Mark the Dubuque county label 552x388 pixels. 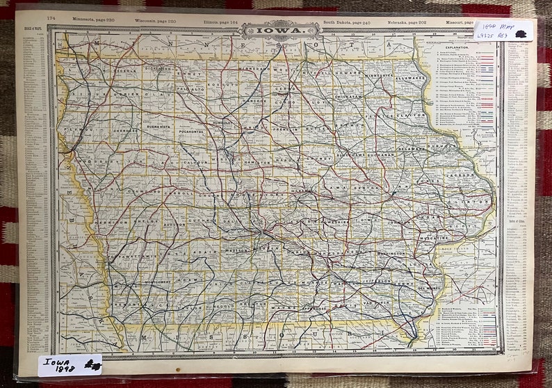point(416,147)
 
